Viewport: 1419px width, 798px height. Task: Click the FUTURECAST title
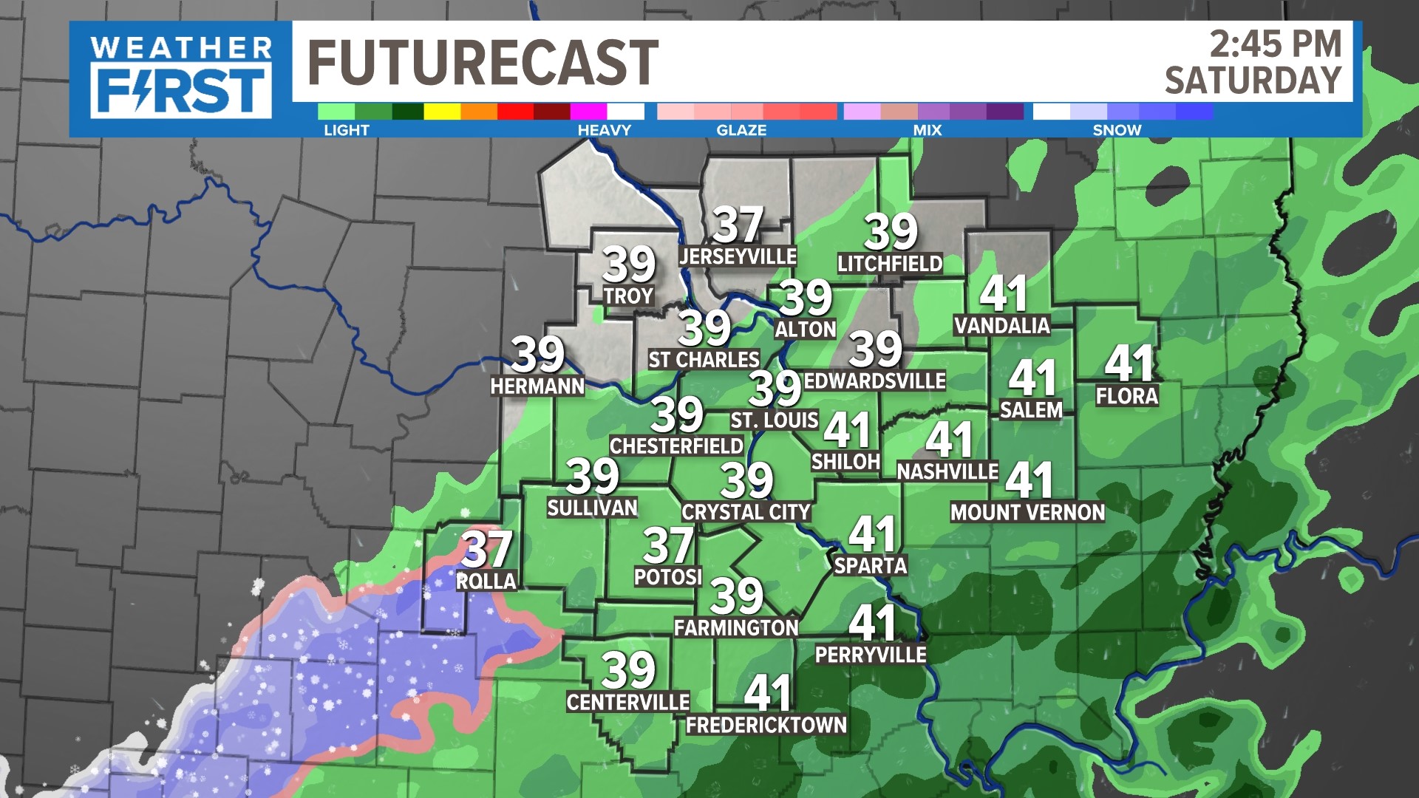483,63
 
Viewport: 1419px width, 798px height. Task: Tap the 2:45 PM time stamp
1275,44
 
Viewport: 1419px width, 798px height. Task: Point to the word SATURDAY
1253,81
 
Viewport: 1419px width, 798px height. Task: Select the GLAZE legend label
741,130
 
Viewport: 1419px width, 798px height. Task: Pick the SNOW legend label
1117,130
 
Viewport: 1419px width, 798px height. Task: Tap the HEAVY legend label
604,130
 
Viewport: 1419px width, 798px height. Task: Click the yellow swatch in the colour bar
442,112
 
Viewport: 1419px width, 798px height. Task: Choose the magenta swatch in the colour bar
588,112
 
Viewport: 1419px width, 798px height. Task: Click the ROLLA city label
486,582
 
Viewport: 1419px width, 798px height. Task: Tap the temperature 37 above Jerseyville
738,225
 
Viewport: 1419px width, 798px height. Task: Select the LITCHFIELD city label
890,264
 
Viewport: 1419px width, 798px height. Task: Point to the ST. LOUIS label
774,420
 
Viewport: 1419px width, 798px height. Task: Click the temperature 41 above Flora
1129,363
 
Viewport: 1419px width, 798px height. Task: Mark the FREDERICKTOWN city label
766,726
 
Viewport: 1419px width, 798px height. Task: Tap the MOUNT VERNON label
1027,513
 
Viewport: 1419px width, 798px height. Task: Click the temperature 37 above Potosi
668,545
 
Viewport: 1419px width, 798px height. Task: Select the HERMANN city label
537,386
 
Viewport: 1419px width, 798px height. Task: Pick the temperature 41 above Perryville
873,623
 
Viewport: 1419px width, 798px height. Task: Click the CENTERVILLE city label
628,702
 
